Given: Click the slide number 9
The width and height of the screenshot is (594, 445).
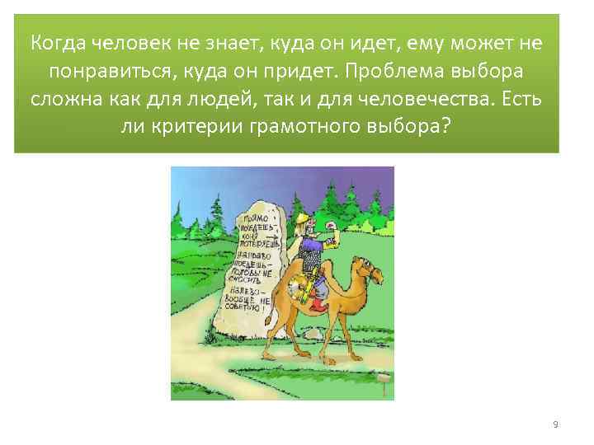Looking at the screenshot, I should coord(555,424).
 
